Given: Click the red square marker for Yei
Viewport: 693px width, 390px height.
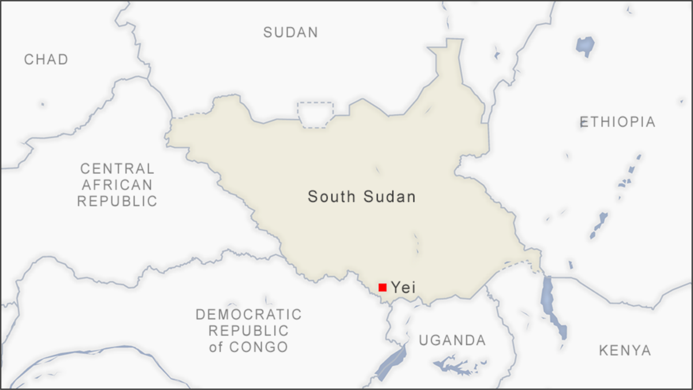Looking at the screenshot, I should click(382, 287).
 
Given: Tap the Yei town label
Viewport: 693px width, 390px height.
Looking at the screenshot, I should click(403, 287).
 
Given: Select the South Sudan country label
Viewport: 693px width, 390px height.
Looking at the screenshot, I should click(362, 197).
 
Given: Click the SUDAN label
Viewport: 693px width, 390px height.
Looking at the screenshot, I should click(290, 32).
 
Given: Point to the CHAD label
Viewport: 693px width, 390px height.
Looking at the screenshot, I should click(46, 60).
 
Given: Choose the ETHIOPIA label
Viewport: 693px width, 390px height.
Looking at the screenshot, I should click(617, 122).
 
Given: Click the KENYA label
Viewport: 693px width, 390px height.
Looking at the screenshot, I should click(625, 350).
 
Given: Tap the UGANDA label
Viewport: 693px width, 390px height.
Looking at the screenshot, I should click(452, 340).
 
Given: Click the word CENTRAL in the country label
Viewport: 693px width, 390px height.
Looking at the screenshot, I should click(117, 169).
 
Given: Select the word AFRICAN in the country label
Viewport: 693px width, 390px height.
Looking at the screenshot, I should click(117, 185).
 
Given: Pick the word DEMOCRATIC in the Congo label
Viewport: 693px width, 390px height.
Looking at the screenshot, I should click(248, 315).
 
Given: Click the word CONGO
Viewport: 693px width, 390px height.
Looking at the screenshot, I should click(258, 347).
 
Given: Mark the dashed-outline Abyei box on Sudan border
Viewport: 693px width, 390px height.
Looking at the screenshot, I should click(315, 114).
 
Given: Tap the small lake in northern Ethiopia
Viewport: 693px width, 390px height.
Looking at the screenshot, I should click(584, 45).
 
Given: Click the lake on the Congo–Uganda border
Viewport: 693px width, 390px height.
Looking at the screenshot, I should click(391, 361).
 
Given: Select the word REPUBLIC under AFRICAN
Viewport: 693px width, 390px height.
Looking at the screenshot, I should click(117, 201).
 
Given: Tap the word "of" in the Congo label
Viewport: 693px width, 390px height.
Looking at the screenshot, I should click(215, 347).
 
